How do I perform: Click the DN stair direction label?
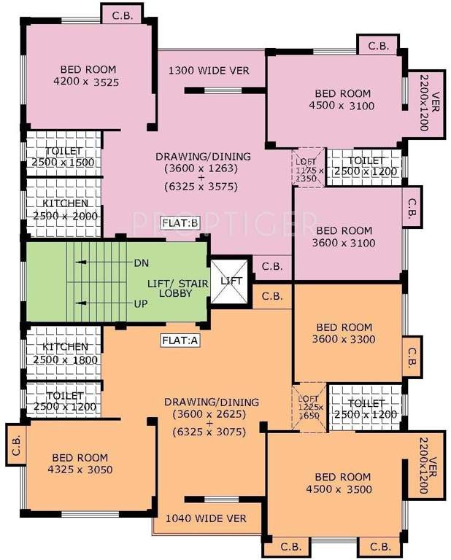(142, 262)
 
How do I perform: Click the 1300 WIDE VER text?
(209, 71)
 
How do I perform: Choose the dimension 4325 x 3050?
(80, 470)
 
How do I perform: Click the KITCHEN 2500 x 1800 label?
(65, 354)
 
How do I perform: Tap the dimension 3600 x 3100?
(345, 243)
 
